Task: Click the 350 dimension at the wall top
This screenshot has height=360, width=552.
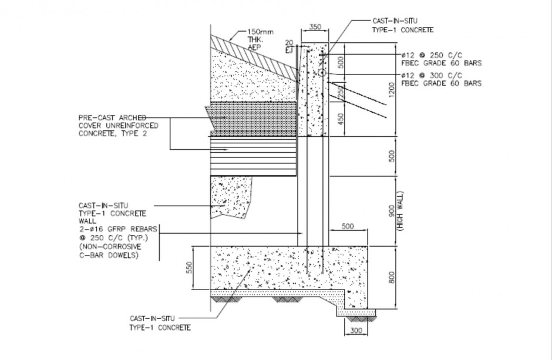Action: coord(315,27)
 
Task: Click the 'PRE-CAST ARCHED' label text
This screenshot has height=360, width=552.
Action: coord(112,117)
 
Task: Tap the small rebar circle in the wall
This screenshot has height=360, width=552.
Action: coord(322,72)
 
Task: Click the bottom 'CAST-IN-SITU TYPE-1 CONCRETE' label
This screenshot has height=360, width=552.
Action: coord(160,322)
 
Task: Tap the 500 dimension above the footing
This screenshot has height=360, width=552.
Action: coord(347,226)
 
